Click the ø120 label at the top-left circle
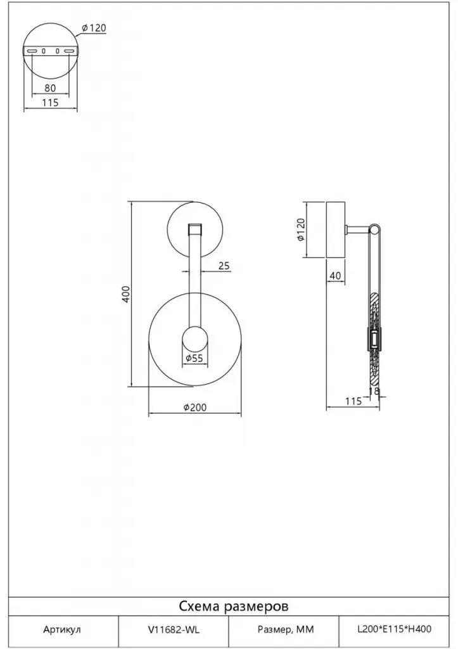[x=94, y=28]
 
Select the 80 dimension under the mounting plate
[x=50, y=87]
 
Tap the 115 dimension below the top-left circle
[x=51, y=102]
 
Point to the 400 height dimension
[x=126, y=294]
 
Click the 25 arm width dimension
[x=224, y=266]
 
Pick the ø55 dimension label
[x=194, y=358]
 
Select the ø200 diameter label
[x=195, y=408]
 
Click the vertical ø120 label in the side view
[x=301, y=229]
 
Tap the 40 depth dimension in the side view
[x=336, y=276]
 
